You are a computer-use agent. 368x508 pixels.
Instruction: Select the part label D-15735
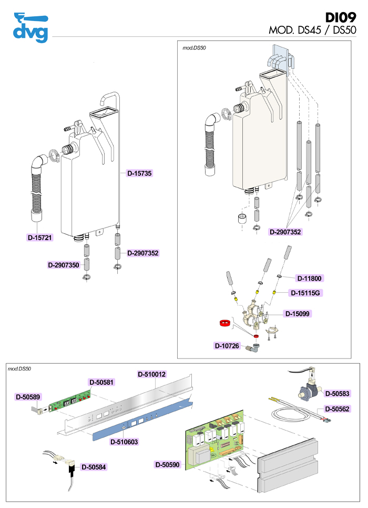(139, 173)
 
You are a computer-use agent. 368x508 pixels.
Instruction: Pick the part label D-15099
(298, 314)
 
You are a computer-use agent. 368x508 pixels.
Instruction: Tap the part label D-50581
(101, 382)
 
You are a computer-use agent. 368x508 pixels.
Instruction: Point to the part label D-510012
(152, 374)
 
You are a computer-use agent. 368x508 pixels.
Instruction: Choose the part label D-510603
(124, 442)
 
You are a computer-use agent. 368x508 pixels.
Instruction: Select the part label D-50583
(337, 393)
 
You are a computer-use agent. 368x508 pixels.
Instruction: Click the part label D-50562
(337, 409)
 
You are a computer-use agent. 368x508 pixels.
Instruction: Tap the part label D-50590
(168, 465)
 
